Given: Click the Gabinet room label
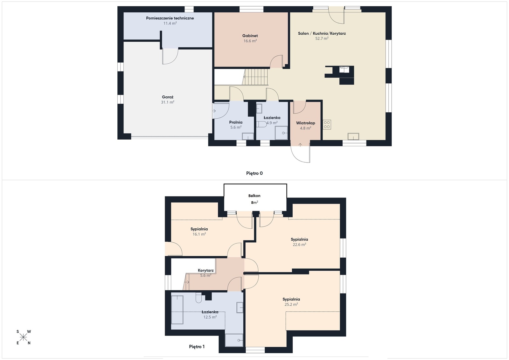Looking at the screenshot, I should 250,36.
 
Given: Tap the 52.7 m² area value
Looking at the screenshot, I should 322,38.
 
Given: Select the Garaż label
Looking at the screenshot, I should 167,97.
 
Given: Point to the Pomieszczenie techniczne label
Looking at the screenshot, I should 170,18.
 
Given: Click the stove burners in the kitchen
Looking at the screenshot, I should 327,124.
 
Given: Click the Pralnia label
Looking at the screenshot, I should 236,122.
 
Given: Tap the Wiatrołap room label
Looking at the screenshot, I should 305,123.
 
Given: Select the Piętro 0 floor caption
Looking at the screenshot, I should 254,173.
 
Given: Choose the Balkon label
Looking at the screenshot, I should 254,196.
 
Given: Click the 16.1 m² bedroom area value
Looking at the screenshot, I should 199,234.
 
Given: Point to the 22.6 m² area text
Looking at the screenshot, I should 299,245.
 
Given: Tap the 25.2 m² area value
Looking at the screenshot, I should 291,305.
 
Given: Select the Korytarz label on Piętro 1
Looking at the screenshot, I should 206,271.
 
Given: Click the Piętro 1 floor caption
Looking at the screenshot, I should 197,347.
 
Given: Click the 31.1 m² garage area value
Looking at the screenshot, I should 167,102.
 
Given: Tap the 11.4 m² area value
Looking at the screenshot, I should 170,23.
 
